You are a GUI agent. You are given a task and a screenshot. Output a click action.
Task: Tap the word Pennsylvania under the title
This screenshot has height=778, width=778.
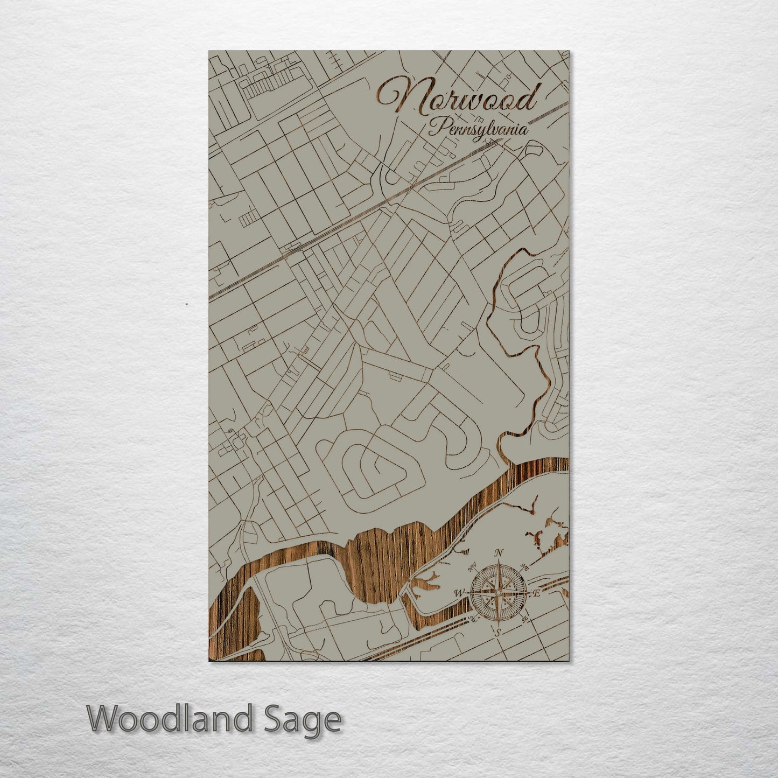[x=478, y=129]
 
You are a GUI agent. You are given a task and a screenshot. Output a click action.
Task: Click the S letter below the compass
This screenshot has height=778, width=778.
[x=498, y=632]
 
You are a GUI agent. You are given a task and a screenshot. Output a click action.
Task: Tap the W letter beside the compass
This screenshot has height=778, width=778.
[x=459, y=593]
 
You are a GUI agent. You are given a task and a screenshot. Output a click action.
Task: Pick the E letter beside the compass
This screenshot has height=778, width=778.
[x=536, y=593]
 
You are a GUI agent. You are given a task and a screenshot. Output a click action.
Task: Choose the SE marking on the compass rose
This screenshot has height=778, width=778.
[x=524, y=619]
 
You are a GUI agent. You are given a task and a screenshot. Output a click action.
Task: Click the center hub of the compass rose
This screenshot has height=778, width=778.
[x=499, y=593]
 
